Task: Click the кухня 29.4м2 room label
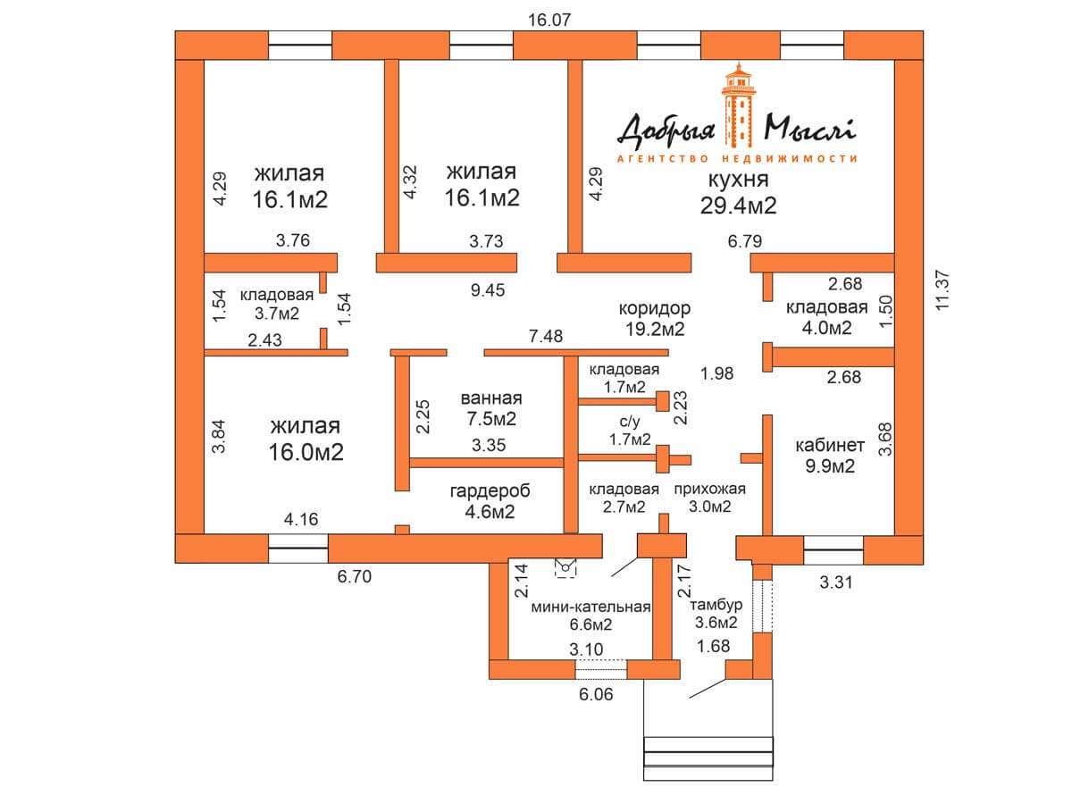click(x=738, y=193)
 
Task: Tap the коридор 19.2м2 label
click(x=654, y=318)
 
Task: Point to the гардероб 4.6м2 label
click(x=490, y=501)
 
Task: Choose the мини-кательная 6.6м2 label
click(x=590, y=616)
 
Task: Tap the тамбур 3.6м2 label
click(x=714, y=614)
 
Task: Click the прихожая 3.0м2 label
click(x=709, y=498)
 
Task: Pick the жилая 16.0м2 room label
click(x=306, y=438)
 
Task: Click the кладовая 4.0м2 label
click(x=826, y=317)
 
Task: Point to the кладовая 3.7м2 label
click(x=277, y=304)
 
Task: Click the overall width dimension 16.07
click(x=549, y=18)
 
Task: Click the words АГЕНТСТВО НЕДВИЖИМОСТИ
click(x=737, y=158)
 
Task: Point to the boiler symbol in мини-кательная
click(x=565, y=565)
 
